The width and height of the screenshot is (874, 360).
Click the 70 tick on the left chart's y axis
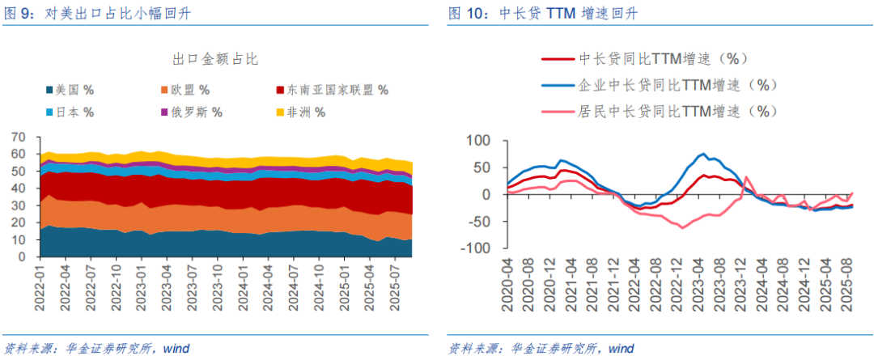pos(19,137)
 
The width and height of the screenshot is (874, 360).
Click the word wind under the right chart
pos(621,349)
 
